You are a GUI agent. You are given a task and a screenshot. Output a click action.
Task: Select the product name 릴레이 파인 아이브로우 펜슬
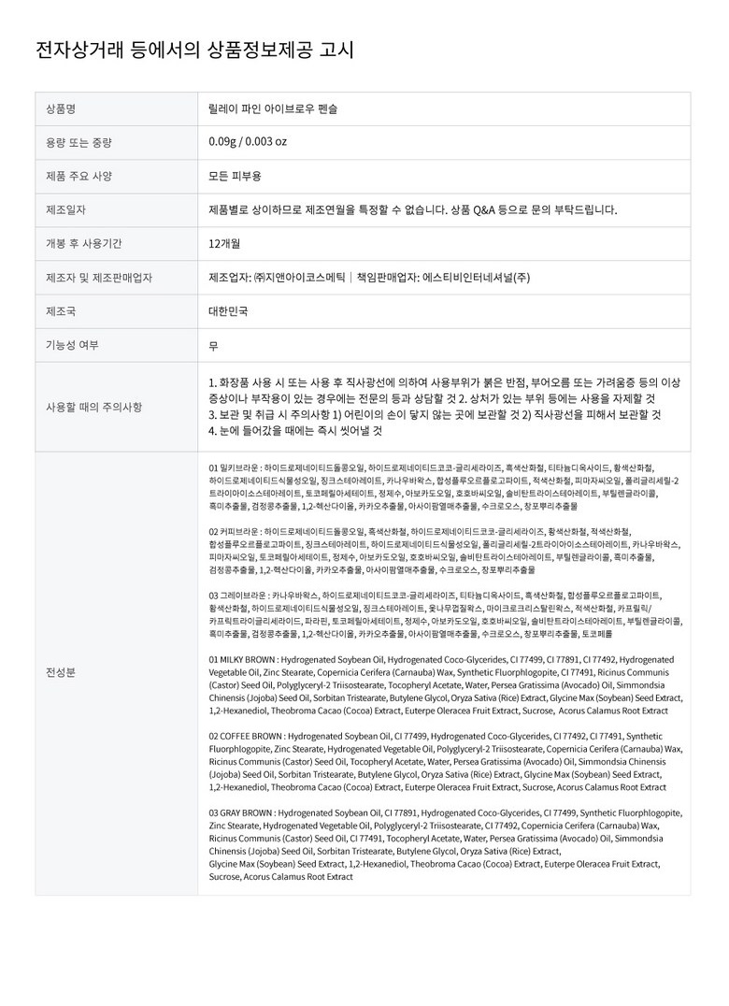(274, 108)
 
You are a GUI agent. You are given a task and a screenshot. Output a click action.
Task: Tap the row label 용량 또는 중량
(79, 142)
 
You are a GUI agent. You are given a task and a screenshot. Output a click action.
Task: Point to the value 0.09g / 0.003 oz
(248, 142)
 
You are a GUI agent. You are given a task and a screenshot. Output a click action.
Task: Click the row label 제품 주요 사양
(79, 176)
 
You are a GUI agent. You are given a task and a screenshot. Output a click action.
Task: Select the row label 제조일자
(65, 209)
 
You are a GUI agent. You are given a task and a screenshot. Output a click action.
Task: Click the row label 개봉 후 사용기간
(83, 243)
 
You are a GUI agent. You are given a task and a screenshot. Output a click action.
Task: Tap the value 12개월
(224, 243)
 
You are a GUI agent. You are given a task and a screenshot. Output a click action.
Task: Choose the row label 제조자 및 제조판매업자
(99, 278)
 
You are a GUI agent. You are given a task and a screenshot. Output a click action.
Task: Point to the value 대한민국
(229, 311)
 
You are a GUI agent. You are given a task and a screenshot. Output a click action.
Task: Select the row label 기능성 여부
(72, 345)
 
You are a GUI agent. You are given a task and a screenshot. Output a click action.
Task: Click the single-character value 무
(214, 345)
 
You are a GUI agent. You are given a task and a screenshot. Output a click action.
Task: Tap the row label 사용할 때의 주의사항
(94, 407)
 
